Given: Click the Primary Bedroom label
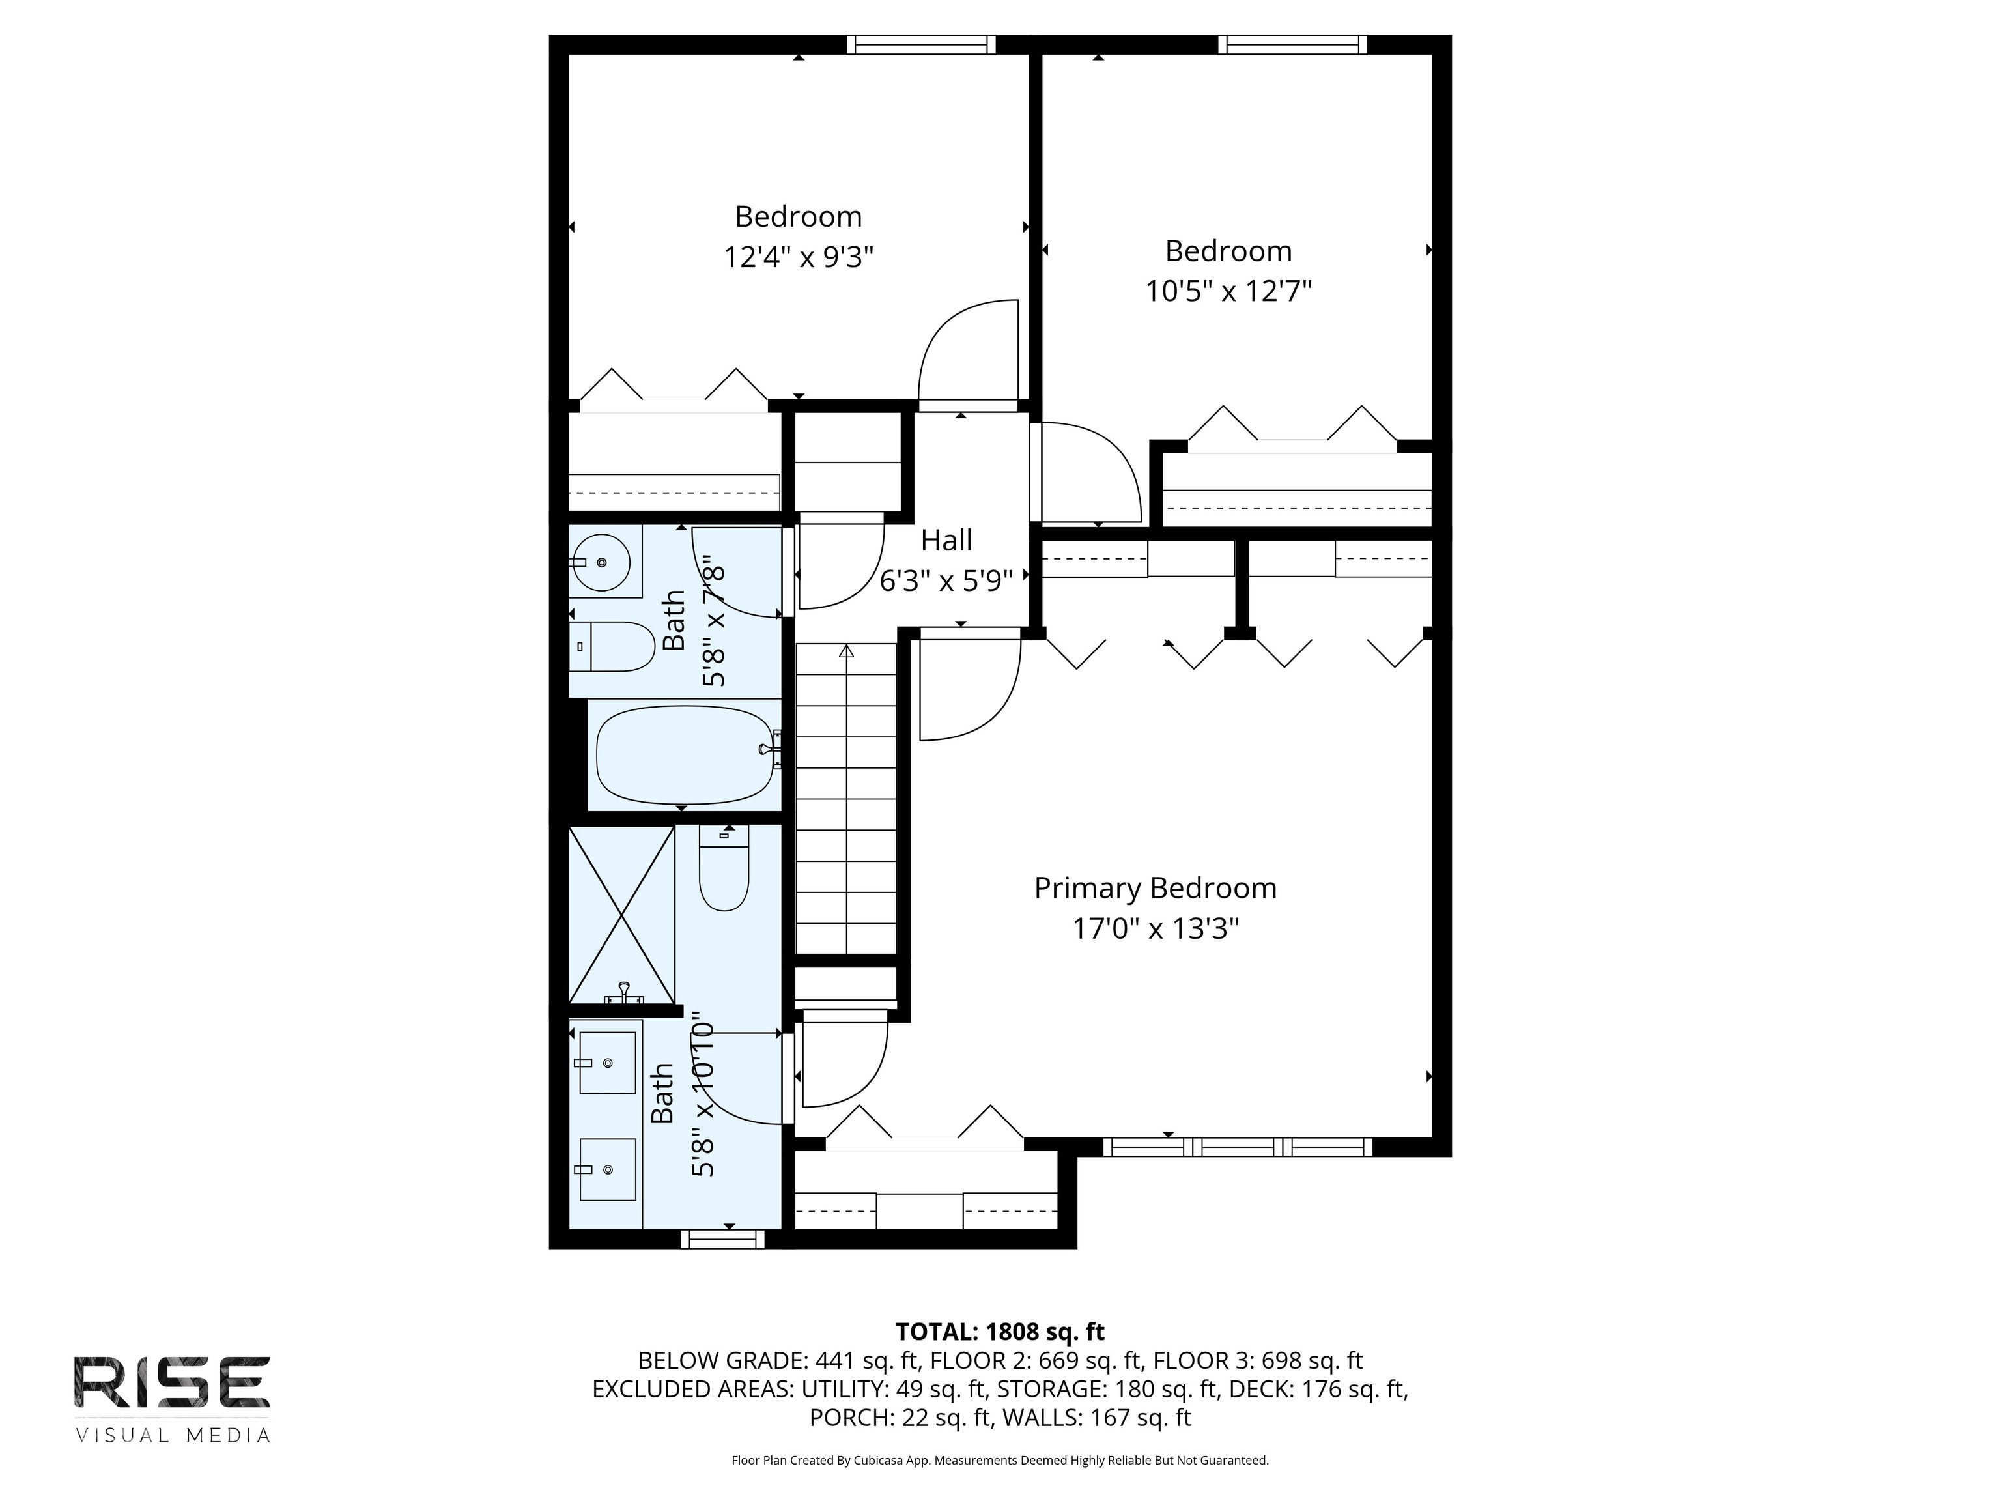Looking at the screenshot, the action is coord(1155,889).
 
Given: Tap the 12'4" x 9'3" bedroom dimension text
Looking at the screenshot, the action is coord(798,258).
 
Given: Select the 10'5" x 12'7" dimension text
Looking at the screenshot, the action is coord(1228,291).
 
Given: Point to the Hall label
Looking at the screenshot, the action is coord(946,540).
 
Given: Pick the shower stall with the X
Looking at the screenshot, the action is coord(621,915).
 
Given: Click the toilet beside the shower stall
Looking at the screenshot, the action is coord(724,868).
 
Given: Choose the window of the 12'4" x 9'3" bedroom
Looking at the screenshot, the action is coord(921,44).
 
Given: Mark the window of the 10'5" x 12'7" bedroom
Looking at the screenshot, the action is coord(1293,44).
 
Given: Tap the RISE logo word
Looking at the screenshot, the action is coord(172,1382).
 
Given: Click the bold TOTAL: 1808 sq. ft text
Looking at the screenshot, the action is coord(1000,1332).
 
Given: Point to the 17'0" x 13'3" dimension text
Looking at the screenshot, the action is coord(1155,929).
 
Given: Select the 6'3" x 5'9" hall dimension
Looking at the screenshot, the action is coord(946,581).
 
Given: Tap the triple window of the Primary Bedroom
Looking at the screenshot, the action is coord(1238,1147).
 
